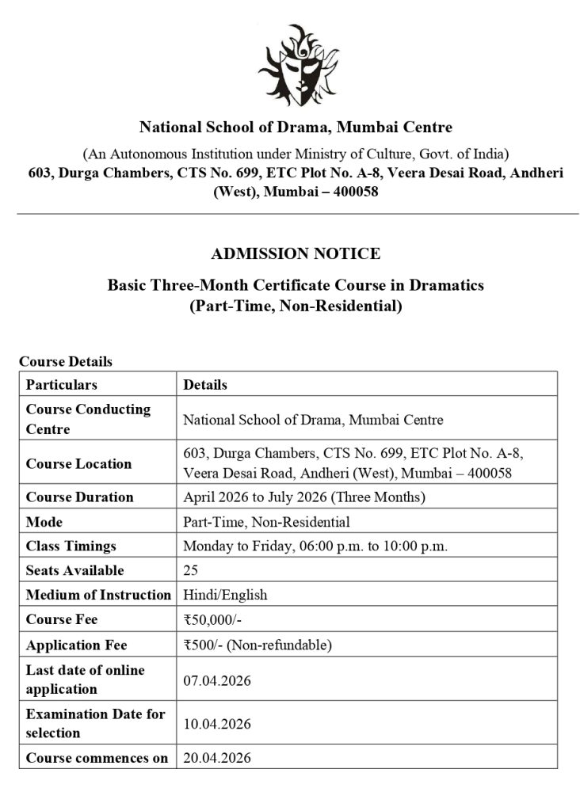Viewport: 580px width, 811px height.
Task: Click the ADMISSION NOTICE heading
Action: [295, 253]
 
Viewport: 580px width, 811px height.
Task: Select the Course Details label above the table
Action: [66, 361]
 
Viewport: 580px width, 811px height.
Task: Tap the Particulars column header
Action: [62, 384]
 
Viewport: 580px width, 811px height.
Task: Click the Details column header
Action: [205, 384]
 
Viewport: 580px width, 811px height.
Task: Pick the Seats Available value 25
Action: [190, 570]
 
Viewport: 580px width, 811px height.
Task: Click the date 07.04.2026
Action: [216, 680]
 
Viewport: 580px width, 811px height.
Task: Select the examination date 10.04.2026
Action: [216, 723]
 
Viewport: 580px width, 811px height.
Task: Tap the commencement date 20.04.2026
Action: [216, 758]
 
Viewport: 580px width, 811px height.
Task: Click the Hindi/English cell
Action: [225, 595]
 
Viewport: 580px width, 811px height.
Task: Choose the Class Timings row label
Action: [71, 546]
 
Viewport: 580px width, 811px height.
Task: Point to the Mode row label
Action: [44, 522]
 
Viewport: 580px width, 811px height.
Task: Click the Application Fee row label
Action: [77, 645]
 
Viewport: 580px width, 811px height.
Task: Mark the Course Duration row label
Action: [80, 497]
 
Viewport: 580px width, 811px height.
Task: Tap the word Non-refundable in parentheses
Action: [283, 645]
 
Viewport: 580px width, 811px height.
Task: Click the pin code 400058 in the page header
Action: [345, 192]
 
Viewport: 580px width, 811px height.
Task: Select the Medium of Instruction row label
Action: [98, 595]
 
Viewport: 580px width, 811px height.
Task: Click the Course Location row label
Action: [79, 463]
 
